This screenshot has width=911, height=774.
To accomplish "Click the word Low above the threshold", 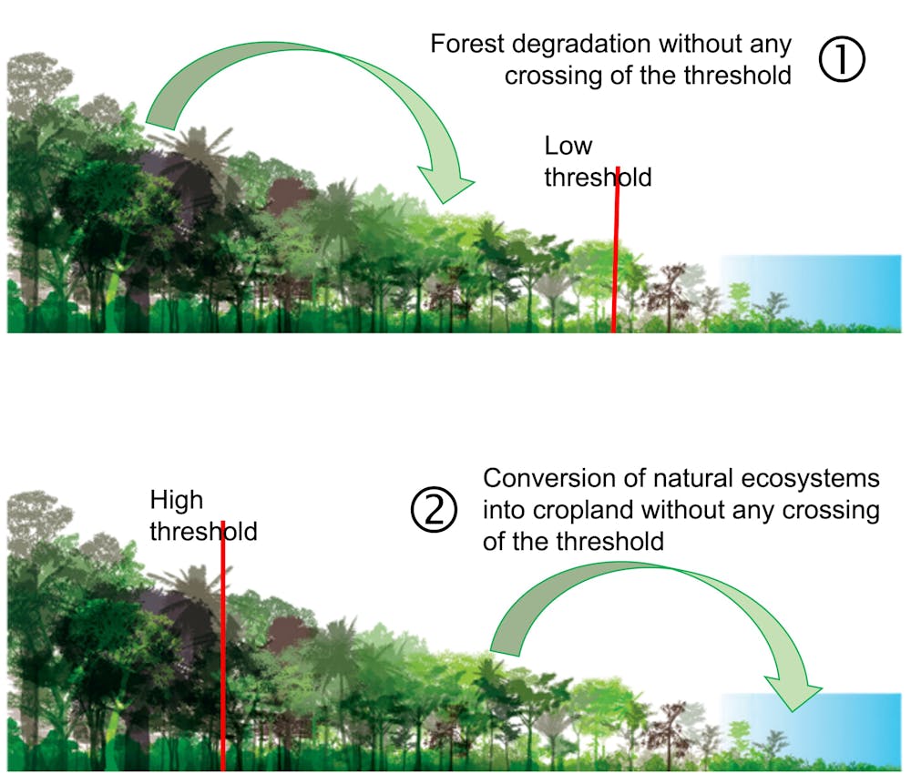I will (x=568, y=146).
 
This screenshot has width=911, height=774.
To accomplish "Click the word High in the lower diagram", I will (x=176, y=500).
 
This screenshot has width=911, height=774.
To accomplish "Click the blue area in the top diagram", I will (x=820, y=287).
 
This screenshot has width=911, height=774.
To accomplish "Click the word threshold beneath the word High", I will (x=202, y=531).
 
